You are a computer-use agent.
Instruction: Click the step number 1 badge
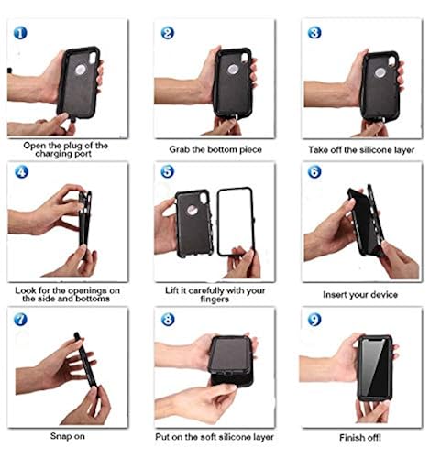(20, 32)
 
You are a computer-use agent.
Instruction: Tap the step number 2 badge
(167, 32)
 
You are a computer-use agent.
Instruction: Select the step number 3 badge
(314, 32)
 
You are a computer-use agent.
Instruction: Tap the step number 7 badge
(20, 320)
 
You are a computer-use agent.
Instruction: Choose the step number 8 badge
(167, 320)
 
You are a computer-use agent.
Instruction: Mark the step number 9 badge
(314, 320)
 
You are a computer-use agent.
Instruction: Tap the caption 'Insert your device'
(358, 296)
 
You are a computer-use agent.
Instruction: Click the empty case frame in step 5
(236, 222)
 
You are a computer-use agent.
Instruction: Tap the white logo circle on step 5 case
(192, 208)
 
